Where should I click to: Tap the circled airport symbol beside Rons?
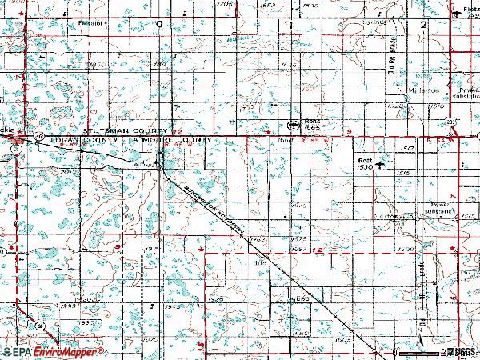[293, 124]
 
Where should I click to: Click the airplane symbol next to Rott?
[380, 166]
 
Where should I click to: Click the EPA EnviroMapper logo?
[54, 352]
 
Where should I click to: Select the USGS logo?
[460, 352]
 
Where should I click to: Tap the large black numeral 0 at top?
[159, 24]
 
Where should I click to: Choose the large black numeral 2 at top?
[422, 25]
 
